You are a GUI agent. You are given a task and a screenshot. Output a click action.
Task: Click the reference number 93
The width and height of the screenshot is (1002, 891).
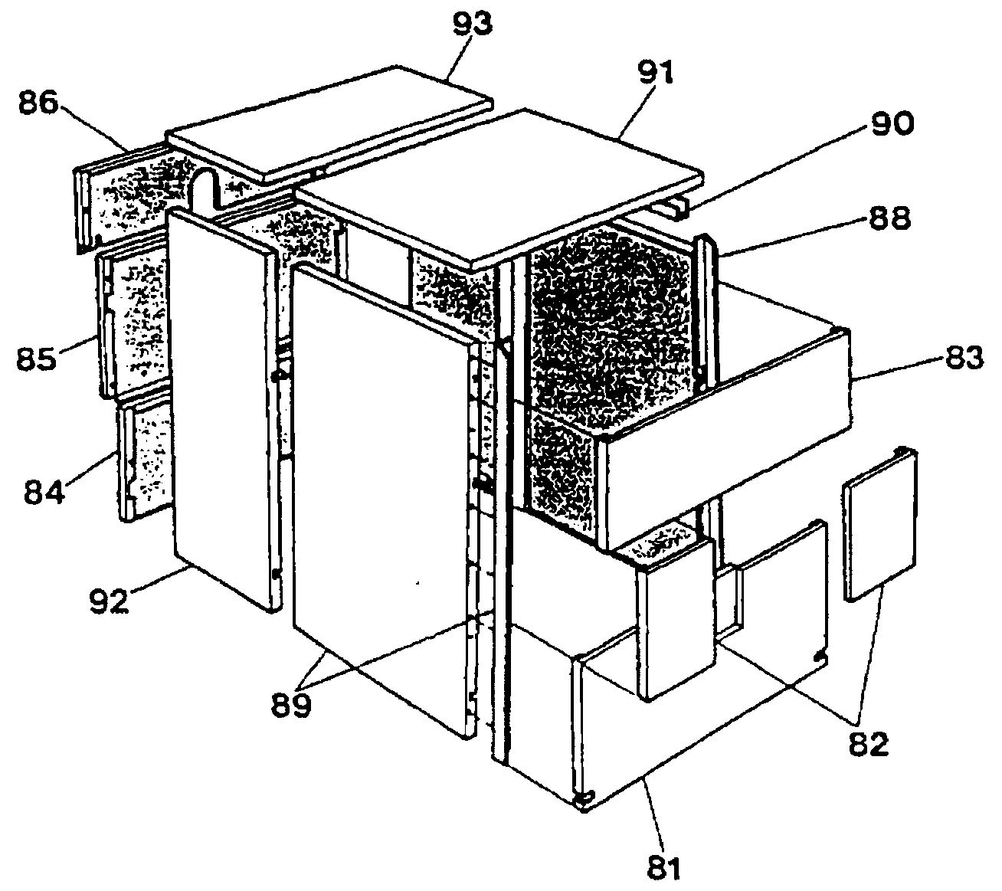pos(472,26)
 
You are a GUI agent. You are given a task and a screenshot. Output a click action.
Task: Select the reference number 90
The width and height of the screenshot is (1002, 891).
pos(890,123)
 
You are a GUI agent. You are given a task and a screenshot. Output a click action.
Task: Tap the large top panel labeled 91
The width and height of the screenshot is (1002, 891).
pos(498,184)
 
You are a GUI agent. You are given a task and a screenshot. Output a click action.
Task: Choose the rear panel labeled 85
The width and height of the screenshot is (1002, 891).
pos(134,314)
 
